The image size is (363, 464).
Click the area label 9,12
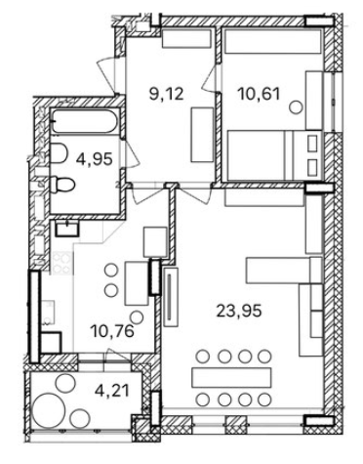pyautogui.click(x=167, y=95)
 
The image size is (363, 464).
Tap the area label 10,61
pyautogui.click(x=259, y=95)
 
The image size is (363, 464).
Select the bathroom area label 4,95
pyautogui.click(x=95, y=159)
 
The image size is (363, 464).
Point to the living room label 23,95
pyautogui.click(x=239, y=311)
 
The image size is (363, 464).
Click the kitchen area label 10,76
pyautogui.click(x=113, y=331)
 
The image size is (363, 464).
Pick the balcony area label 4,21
pyautogui.click(x=112, y=391)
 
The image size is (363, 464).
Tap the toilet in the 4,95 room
pyautogui.click(x=63, y=185)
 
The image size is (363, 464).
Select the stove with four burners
pyautogui.click(x=61, y=263)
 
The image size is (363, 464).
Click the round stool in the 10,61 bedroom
pyautogui.click(x=296, y=106)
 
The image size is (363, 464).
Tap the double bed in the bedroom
pyautogui.click(x=275, y=155)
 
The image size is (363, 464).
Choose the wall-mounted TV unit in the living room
pyautogui.click(x=172, y=296)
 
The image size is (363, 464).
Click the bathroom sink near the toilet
pyautogui.click(x=59, y=152)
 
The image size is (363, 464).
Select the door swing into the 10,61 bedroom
pyautogui.click(x=210, y=78)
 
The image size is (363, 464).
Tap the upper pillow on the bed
pyautogui.click(x=312, y=144)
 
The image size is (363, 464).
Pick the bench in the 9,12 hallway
pyautogui.click(x=202, y=135)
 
